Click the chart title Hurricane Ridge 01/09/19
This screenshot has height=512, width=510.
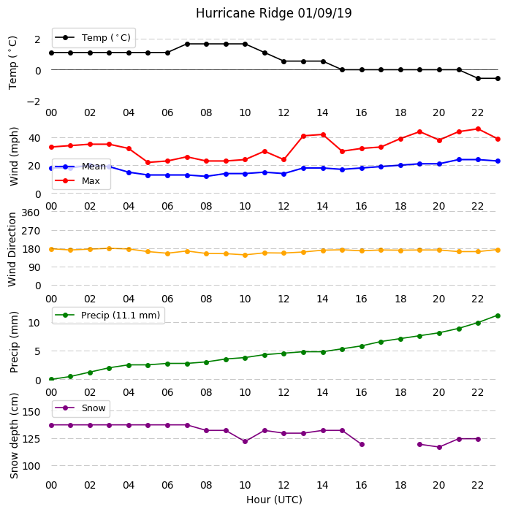click(x=273, y=13)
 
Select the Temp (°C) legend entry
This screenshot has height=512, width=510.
click(x=93, y=38)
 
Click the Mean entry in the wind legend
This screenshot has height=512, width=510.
click(x=80, y=167)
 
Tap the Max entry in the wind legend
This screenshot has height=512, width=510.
click(x=77, y=180)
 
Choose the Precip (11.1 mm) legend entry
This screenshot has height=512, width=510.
click(x=108, y=315)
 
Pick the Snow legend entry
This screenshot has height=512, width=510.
click(x=80, y=408)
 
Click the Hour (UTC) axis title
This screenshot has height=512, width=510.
click(x=274, y=500)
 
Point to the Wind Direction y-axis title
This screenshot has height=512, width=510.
click(x=12, y=250)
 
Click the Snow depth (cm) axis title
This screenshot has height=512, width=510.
click(x=14, y=436)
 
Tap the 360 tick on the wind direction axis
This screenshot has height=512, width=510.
click(x=31, y=213)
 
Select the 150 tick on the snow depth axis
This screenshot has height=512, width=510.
click(x=31, y=412)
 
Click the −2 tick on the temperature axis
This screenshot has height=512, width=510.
click(x=34, y=102)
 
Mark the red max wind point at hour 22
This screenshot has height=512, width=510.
click(x=479, y=129)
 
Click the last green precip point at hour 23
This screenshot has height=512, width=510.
click(x=498, y=316)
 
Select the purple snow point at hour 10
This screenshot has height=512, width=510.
click(x=245, y=441)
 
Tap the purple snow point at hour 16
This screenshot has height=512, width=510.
click(x=362, y=444)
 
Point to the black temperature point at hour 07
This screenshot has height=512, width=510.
click(x=187, y=44)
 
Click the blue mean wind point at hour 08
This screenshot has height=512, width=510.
click(x=206, y=176)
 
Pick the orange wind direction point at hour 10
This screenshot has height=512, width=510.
click(x=245, y=255)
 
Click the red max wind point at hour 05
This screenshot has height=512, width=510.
click(x=148, y=162)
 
